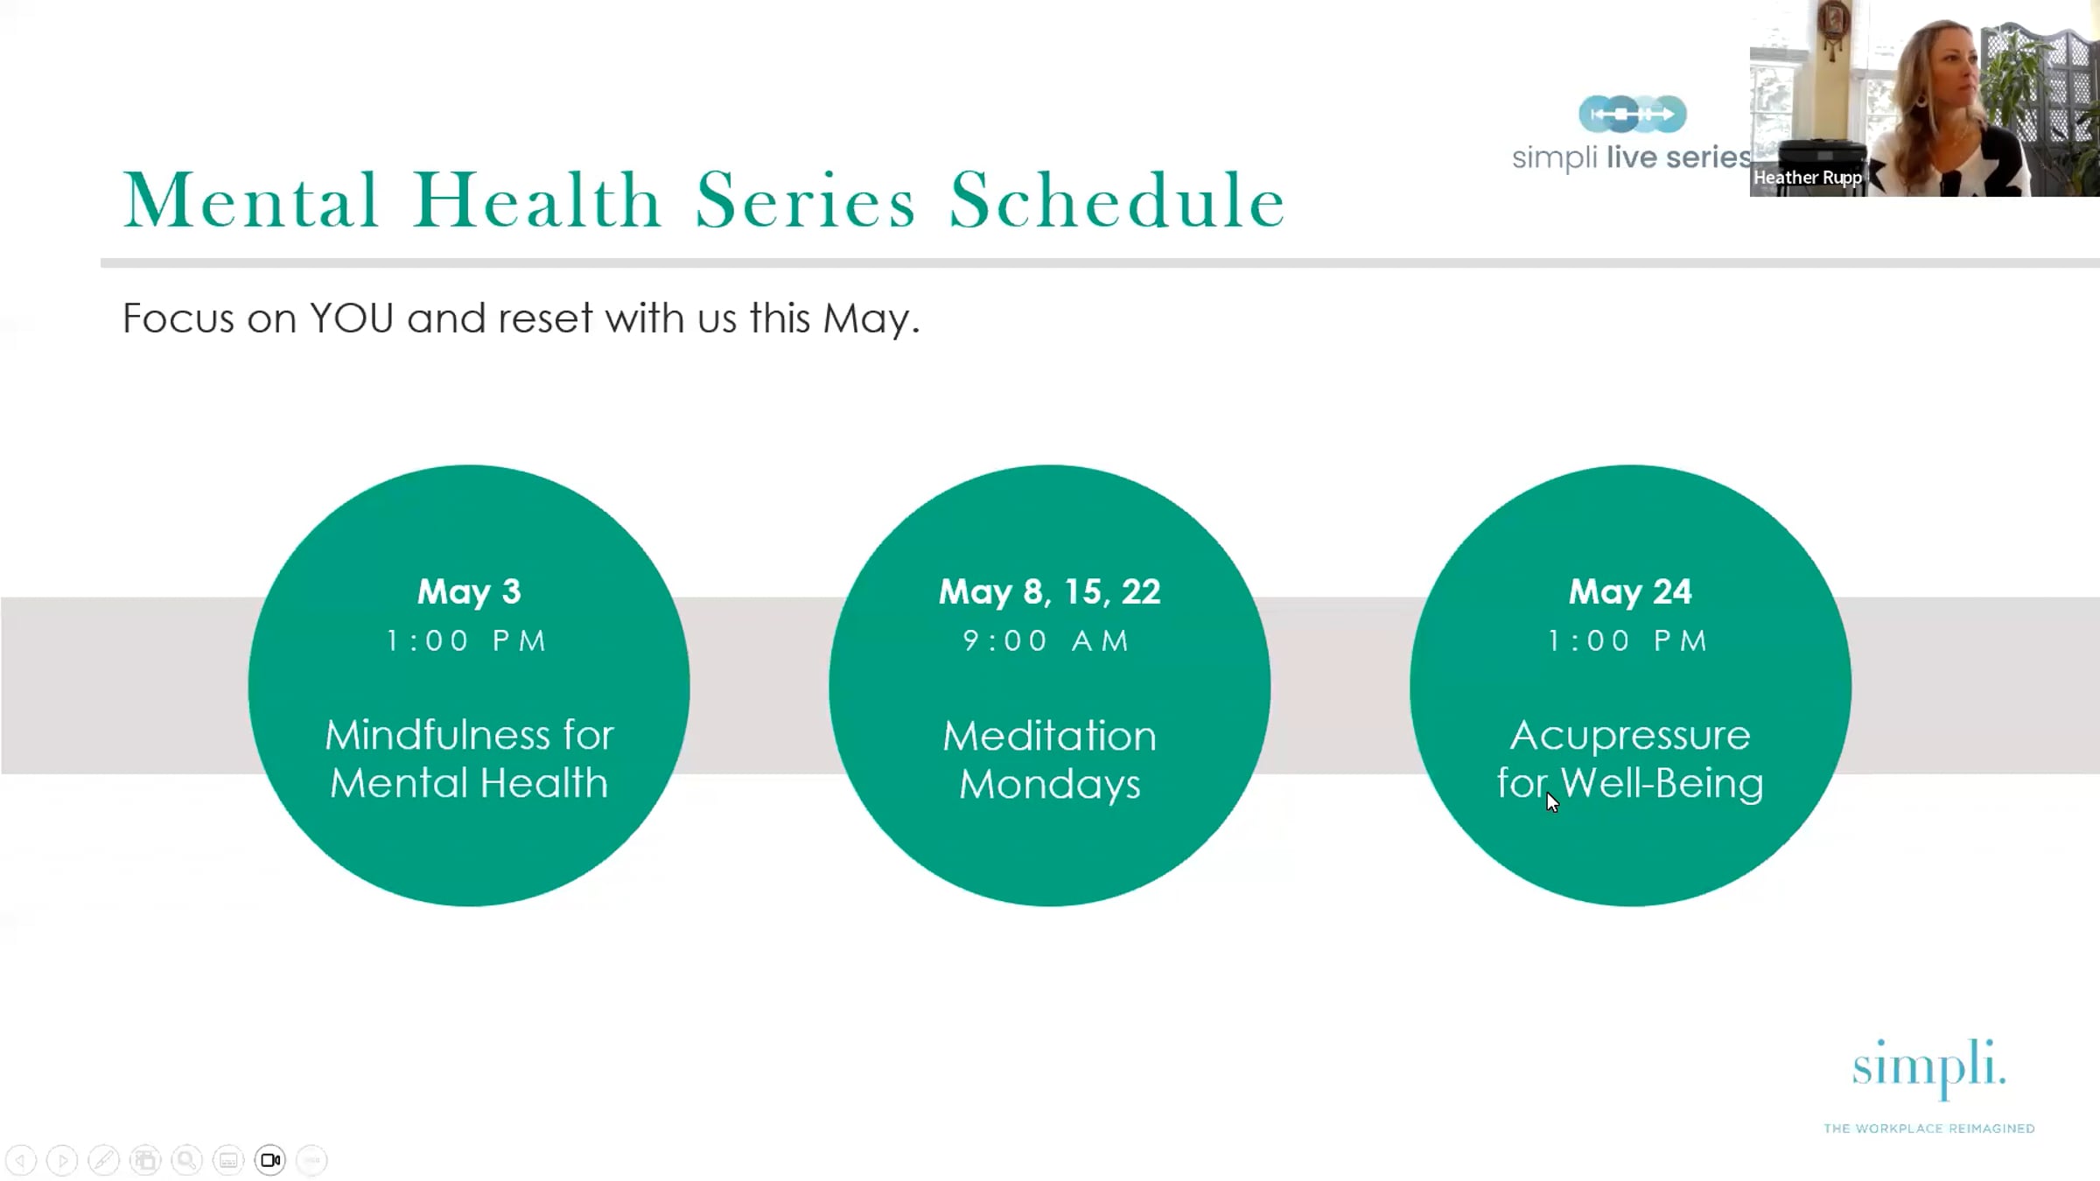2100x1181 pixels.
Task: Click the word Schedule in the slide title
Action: pyautogui.click(x=1117, y=200)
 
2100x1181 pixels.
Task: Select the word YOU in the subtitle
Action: pyautogui.click(x=351, y=318)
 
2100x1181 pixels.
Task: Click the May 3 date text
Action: pyautogui.click(x=469, y=592)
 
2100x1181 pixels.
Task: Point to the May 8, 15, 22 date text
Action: pyautogui.click(x=1049, y=592)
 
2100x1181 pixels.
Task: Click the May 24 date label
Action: pyautogui.click(x=1630, y=592)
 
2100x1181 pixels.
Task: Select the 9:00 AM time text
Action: pyautogui.click(x=1046, y=640)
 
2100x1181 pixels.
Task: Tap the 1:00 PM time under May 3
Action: pyautogui.click(x=467, y=640)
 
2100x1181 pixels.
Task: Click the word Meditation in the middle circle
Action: pyautogui.click(x=1049, y=736)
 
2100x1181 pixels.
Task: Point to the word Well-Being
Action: pyautogui.click(x=1662, y=783)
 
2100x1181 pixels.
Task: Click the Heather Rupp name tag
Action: pyautogui.click(x=1808, y=178)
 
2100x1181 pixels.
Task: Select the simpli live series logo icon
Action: pyautogui.click(x=1632, y=114)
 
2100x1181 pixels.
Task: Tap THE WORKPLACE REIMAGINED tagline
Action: pyautogui.click(x=1929, y=1129)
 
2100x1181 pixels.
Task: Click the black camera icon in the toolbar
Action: pyautogui.click(x=270, y=1160)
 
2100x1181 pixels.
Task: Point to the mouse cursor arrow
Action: pyautogui.click(x=1552, y=802)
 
